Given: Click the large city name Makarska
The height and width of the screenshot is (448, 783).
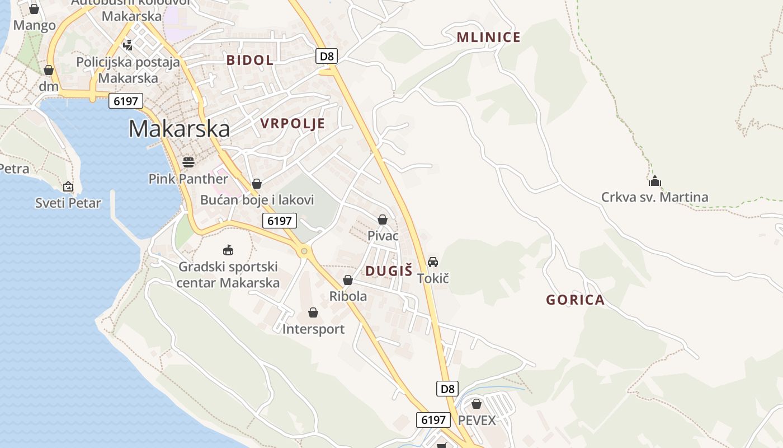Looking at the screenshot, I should [179, 129].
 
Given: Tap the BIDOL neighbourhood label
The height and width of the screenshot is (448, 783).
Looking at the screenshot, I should [250, 60].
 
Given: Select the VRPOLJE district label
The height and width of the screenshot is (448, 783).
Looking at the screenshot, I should [293, 124].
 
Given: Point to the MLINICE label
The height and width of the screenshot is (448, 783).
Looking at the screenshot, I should [488, 38].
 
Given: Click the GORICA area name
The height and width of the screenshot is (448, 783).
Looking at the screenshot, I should [576, 300].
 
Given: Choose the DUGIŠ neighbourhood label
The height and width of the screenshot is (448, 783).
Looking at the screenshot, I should [389, 271].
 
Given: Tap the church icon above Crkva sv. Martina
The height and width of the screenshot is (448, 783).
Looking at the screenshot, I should [654, 181].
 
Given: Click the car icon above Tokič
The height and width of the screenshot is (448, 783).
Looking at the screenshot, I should [433, 262].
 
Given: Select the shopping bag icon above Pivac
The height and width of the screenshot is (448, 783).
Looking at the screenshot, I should [383, 220].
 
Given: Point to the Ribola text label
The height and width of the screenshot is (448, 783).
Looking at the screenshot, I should [348, 296].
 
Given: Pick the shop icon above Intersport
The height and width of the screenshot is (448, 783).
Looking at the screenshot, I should [313, 312].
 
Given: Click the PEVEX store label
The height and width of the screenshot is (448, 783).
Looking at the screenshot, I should [477, 420].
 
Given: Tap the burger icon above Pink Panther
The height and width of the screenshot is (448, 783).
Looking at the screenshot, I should [188, 162].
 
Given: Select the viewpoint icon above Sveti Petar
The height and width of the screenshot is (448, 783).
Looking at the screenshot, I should [68, 186].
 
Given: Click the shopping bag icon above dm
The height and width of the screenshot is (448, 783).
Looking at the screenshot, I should [49, 70].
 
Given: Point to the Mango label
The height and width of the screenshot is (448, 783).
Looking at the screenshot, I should [35, 25].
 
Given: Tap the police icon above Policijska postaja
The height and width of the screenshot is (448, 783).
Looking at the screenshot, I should [128, 44].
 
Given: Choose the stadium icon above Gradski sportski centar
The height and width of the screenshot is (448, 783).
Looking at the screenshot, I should [228, 250].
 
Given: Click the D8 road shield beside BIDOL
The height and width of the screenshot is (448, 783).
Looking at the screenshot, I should [326, 56].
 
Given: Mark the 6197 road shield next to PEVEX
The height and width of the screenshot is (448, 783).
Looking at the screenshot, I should [434, 419].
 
